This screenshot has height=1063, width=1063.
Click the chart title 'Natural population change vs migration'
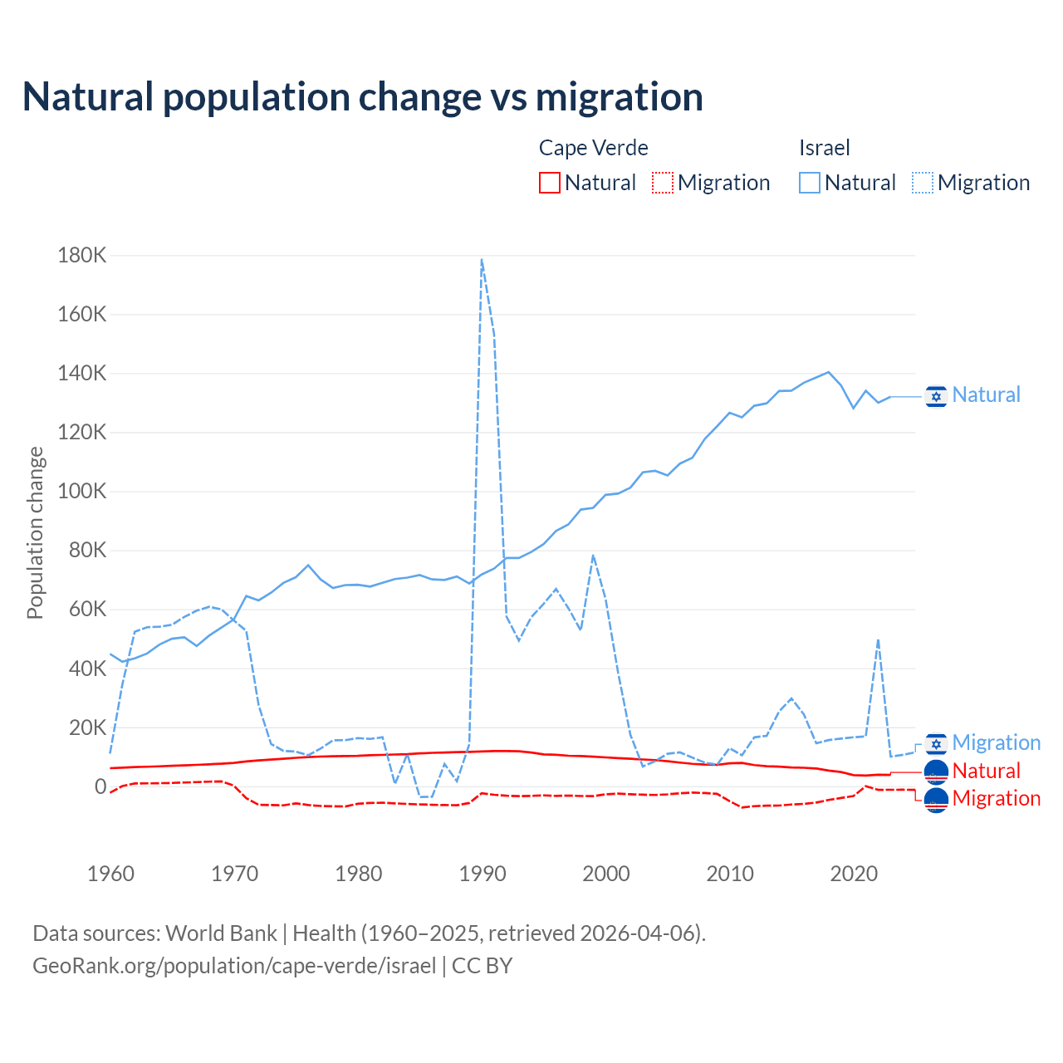363,97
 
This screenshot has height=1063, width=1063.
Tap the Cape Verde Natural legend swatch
550,183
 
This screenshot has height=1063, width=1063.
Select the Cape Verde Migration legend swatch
663,183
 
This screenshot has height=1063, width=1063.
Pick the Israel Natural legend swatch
810,183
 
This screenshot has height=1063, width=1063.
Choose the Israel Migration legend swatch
923,183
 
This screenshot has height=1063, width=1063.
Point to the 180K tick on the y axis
82,256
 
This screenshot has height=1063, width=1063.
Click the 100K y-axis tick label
82,492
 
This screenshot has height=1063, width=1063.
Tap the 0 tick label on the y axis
100,786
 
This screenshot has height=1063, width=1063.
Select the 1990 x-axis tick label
483,874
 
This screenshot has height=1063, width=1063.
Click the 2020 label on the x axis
854,874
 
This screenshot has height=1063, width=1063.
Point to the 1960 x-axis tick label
111,874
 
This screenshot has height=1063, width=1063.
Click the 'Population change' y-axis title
35,532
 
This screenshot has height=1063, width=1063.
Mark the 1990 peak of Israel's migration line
482,260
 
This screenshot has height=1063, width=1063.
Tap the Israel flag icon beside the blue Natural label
936,397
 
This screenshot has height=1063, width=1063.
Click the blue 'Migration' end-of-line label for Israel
996,742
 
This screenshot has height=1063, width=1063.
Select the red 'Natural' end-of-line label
986,771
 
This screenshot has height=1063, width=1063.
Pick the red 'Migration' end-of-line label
996,798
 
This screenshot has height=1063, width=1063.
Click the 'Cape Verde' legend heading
593,148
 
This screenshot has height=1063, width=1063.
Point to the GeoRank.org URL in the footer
234,966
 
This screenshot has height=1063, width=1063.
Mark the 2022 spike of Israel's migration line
878,639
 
